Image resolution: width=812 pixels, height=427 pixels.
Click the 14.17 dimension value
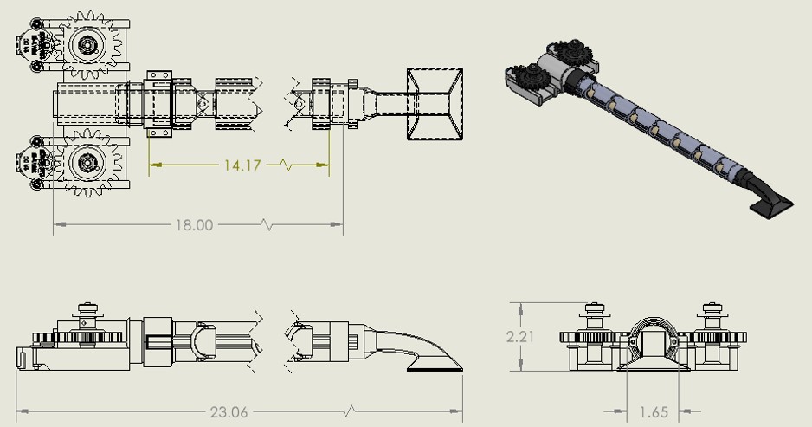242,165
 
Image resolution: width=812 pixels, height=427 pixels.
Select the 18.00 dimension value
194,225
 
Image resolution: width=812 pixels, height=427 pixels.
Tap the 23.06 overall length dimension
228,412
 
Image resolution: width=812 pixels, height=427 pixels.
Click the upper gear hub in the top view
87,44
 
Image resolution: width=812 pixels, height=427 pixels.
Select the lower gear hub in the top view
87,161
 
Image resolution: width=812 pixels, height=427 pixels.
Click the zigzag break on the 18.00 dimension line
267,225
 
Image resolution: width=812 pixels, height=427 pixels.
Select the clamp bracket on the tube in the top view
161,103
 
